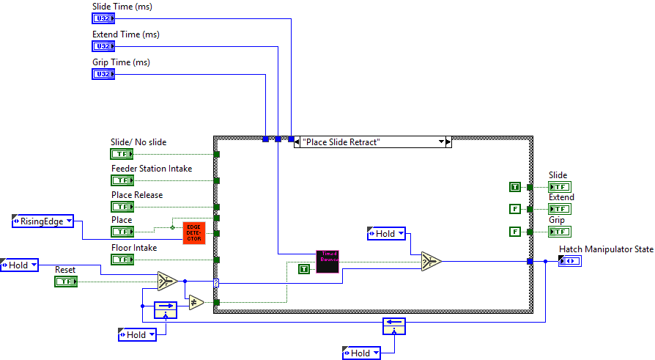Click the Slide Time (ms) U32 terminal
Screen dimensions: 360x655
103,18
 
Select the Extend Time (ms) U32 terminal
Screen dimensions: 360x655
103,46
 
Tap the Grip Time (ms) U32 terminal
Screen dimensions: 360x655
103,74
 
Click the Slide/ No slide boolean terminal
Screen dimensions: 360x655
122,154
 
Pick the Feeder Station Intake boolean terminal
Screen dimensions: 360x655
122,180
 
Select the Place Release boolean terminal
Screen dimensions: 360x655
122,207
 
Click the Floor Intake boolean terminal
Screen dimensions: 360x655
122,260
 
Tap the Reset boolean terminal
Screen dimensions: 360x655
66,282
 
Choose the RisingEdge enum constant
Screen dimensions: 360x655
42,221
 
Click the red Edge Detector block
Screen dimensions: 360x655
195,232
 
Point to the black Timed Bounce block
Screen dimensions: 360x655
327,262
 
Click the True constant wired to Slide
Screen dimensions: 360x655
514,187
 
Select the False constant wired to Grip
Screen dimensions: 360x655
514,232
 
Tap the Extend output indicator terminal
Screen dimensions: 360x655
560,210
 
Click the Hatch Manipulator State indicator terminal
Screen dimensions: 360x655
569,262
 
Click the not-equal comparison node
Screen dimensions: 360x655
196,301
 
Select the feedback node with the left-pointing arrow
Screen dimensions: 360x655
393,326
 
